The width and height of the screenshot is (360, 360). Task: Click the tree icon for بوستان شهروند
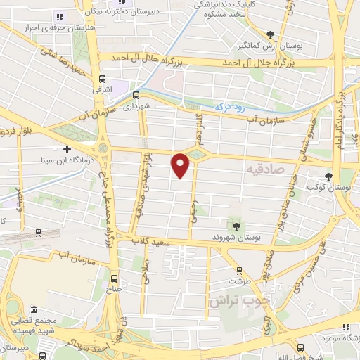[236, 226]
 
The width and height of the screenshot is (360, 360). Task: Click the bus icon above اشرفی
[104, 79]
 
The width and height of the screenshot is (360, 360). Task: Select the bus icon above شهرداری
[136, 95]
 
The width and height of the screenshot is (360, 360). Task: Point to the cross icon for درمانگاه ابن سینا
[67, 148]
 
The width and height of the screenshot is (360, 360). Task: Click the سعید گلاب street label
[162, 240]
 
